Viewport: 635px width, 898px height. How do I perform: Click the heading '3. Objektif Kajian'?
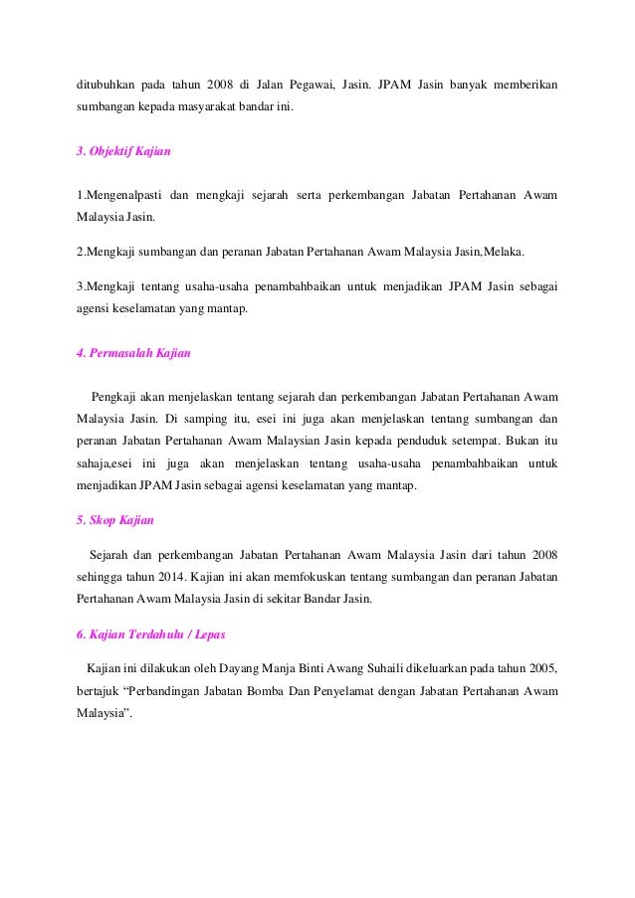pyautogui.click(x=123, y=151)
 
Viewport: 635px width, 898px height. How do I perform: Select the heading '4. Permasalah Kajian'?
pyautogui.click(x=132, y=353)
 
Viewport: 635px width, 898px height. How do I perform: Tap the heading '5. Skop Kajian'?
pyautogui.click(x=115, y=519)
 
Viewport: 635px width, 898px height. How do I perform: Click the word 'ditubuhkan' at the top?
pyautogui.click(x=106, y=82)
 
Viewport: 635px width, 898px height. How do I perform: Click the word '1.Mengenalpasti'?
pyautogui.click(x=117, y=194)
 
